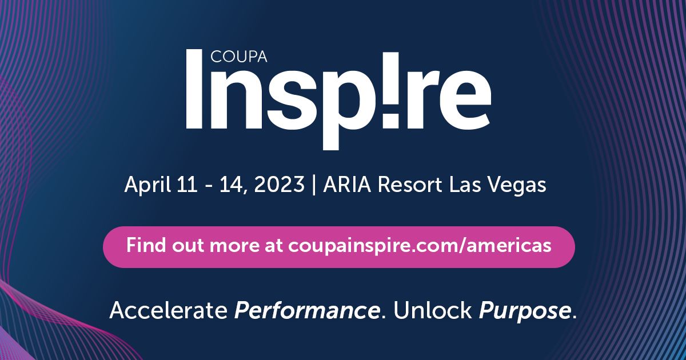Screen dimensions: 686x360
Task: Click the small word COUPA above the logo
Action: [238, 57]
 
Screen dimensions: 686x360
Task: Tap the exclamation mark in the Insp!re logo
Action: [392, 90]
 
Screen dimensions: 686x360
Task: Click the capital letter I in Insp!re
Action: [194, 89]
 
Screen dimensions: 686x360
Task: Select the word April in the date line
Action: [147, 185]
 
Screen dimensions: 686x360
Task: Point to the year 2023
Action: [279, 185]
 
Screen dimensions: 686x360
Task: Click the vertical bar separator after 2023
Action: [314, 185]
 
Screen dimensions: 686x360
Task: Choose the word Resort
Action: [410, 185]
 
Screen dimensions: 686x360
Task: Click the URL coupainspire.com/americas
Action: [420, 246]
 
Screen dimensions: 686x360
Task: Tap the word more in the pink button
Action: [234, 247]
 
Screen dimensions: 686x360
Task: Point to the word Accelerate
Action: [169, 310]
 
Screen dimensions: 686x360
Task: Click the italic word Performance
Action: [307, 310]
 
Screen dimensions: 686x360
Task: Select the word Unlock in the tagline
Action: [432, 310]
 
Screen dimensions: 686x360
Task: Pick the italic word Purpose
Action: [525, 311]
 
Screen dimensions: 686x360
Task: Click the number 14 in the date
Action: [230, 185]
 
